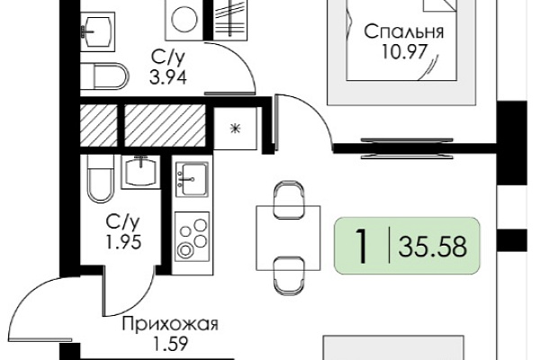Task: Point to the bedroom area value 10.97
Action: coord(404,52)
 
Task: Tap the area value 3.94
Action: coord(168,77)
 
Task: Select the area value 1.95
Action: coord(123,242)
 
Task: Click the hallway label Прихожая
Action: coord(170,325)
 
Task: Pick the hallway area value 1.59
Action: coord(171,344)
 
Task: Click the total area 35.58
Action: coord(433,247)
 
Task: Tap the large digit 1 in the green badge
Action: coord(361,246)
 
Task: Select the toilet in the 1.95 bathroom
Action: coord(100,178)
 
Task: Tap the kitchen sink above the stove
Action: coord(193,179)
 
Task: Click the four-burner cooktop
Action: coord(193,237)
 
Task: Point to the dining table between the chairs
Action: coord(288,238)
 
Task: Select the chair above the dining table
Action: coord(289,200)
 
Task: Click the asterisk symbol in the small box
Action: coord(236,129)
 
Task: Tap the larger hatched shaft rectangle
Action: coord(165,125)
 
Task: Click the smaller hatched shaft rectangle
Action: coord(99,125)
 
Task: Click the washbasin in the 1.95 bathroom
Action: coord(140,172)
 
